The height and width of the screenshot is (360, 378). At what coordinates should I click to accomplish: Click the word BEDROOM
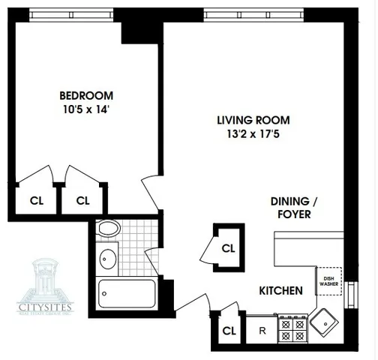pyautogui.click(x=87, y=95)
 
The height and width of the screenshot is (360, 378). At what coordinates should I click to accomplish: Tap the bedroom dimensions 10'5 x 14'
pyautogui.click(x=87, y=109)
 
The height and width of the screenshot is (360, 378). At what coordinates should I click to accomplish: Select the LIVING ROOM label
pyautogui.click(x=253, y=120)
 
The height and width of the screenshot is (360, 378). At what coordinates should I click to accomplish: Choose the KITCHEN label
pyautogui.click(x=281, y=290)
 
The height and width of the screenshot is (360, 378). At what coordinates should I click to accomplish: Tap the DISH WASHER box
pyautogui.click(x=328, y=282)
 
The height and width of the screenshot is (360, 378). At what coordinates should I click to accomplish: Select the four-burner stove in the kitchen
pyautogui.click(x=292, y=328)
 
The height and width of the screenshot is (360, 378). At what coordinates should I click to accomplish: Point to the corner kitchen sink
pyautogui.click(x=326, y=323)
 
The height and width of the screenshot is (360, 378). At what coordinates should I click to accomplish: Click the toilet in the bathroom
pyautogui.click(x=109, y=230)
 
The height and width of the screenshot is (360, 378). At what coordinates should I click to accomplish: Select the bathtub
pyautogui.click(x=127, y=292)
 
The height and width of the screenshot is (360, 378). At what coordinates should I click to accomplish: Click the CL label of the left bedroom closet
pyautogui.click(x=36, y=200)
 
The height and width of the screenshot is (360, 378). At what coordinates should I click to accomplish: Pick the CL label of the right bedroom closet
pyautogui.click(x=82, y=200)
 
